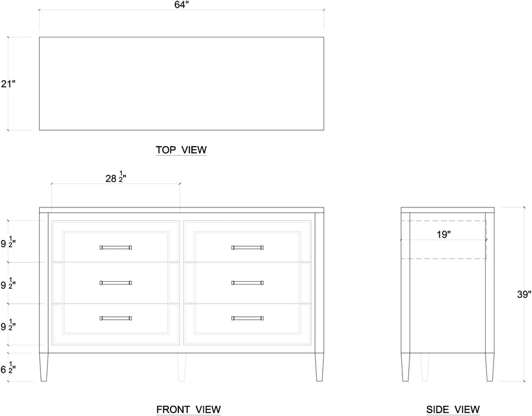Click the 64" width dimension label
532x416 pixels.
tap(181, 5)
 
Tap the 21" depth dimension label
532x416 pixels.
tap(8, 83)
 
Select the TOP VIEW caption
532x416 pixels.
tap(181, 150)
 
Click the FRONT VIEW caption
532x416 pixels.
tap(188, 409)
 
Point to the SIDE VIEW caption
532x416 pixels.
tap(453, 409)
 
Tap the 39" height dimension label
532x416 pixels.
tap(524, 295)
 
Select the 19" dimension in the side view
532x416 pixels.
tap(443, 235)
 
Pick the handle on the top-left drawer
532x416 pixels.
tap(116, 248)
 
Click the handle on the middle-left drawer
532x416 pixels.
tap(116, 283)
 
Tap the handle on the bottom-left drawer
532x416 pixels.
tap(116, 318)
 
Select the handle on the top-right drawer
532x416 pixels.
tap(247, 248)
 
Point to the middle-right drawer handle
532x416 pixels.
tap(247, 283)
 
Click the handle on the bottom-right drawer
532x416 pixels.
tap(247, 318)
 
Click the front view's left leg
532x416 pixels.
tap(44, 367)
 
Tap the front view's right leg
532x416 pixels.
tap(319, 367)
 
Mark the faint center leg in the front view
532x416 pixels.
tap(181, 367)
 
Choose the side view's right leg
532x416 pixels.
tap(490, 367)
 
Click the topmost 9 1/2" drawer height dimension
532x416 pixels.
tap(8, 243)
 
